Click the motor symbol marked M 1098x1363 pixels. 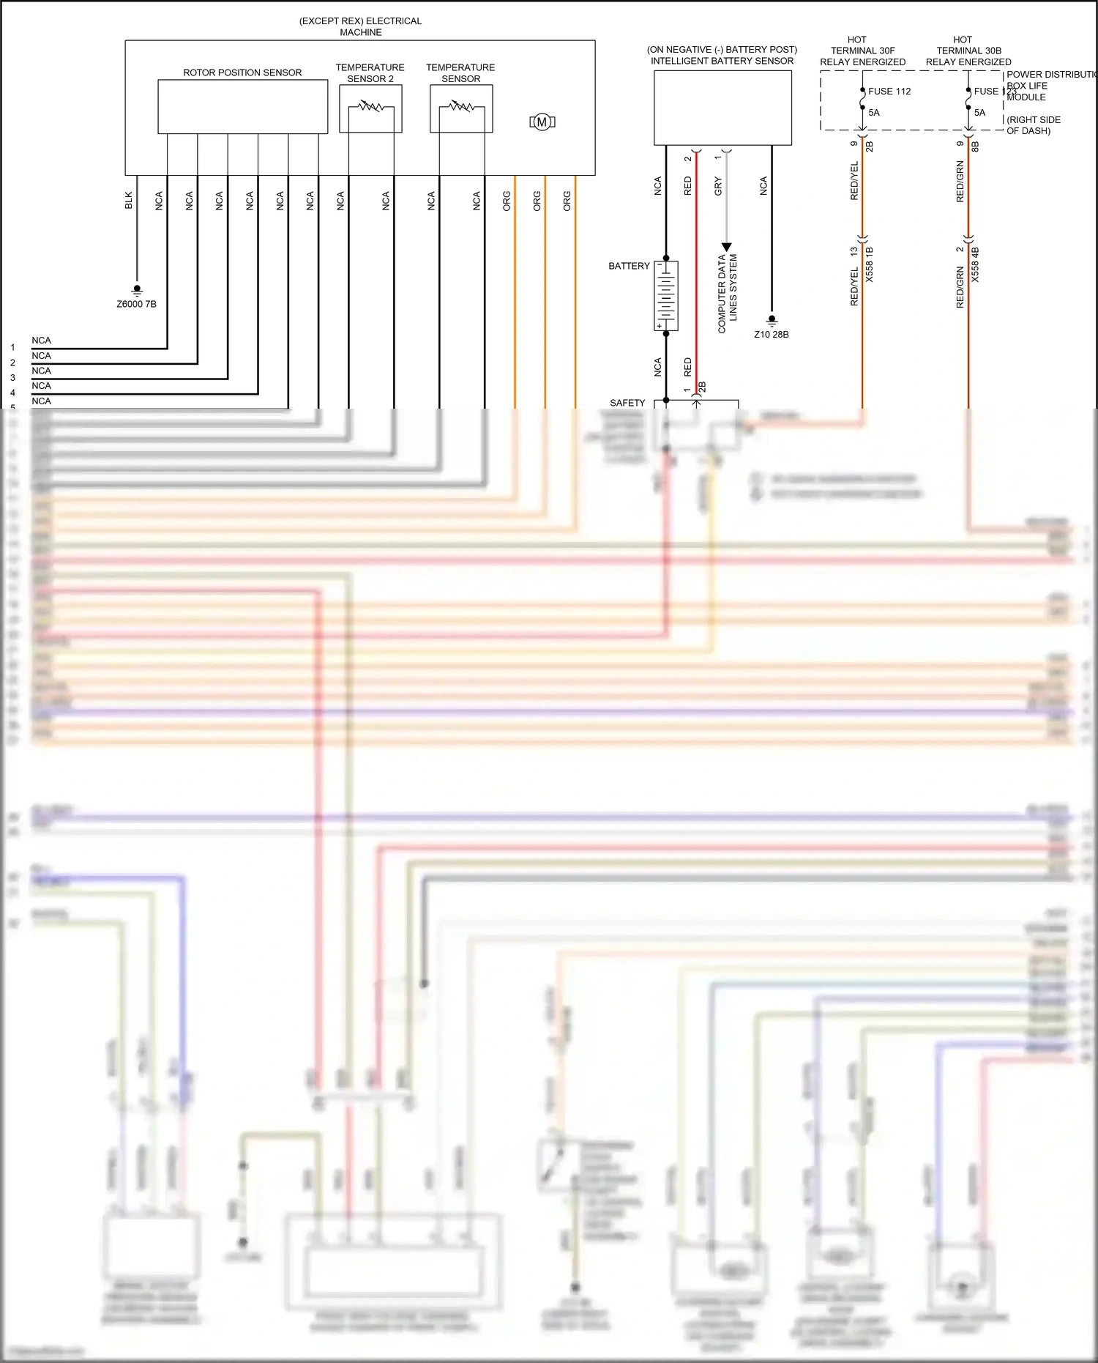pyautogui.click(x=542, y=122)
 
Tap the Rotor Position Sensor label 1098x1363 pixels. pyautogui.click(x=242, y=73)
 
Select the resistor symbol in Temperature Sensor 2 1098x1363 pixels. pyautogui.click(x=370, y=107)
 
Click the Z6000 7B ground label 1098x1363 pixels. pyautogui.click(x=137, y=304)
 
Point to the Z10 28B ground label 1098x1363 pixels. pyautogui.click(x=772, y=335)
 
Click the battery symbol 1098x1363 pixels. pyautogui.click(x=666, y=296)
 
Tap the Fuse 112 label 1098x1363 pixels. pyautogui.click(x=889, y=92)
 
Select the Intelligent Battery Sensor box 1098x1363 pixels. pyautogui.click(x=722, y=108)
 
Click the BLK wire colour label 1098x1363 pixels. pyautogui.click(x=129, y=201)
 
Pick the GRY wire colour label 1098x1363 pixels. pyautogui.click(x=718, y=186)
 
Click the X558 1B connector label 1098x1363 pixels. pyautogui.click(x=870, y=264)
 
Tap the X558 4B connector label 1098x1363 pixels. pyautogui.click(x=975, y=264)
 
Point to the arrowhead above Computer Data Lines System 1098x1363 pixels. pyautogui.click(x=726, y=248)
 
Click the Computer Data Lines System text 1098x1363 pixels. pyautogui.click(x=728, y=293)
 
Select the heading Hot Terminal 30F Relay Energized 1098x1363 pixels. pyautogui.click(x=862, y=51)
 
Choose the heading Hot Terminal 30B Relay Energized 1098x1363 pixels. pyautogui.click(x=968, y=51)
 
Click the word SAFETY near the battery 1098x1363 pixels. pyautogui.click(x=627, y=403)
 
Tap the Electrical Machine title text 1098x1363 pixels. pyautogui.click(x=360, y=26)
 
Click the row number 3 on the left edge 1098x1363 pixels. pyautogui.click(x=12, y=378)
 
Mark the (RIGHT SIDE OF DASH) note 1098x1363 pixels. pyautogui.click(x=1033, y=125)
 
